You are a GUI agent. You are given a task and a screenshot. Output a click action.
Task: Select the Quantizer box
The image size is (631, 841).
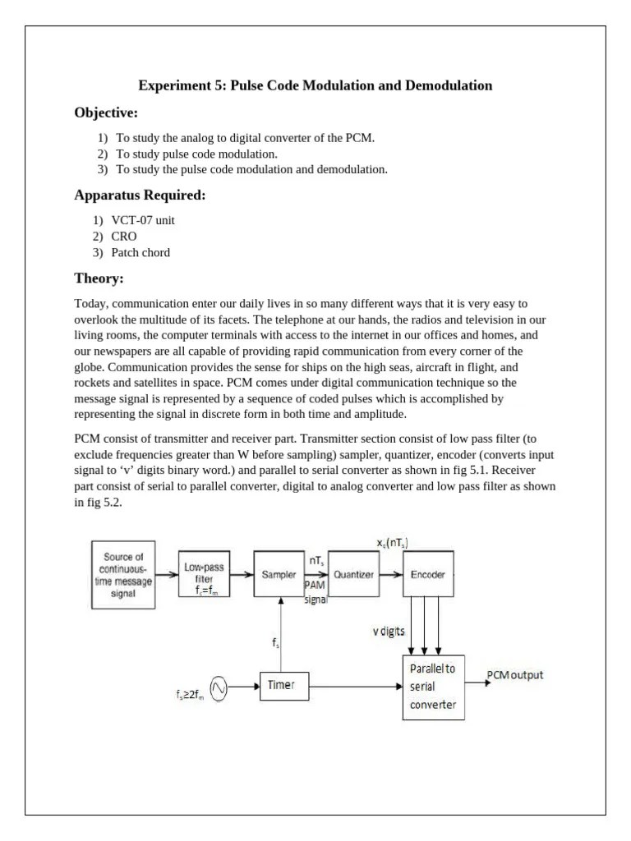click(x=353, y=575)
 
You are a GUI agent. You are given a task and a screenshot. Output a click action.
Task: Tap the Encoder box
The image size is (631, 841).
click(x=428, y=575)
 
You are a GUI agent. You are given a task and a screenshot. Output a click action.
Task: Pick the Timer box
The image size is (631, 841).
click(x=281, y=685)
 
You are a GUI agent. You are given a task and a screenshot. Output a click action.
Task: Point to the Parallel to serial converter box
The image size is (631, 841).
click(x=433, y=687)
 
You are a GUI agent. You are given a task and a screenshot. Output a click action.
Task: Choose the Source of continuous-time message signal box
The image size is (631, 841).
click(x=123, y=575)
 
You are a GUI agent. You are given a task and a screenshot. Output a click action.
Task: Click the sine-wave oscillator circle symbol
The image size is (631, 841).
click(x=219, y=687)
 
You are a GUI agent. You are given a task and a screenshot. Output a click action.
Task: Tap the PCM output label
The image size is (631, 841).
click(x=515, y=675)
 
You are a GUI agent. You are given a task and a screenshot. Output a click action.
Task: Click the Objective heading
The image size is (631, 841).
click(x=106, y=113)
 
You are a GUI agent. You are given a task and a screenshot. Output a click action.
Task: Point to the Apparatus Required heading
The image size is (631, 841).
click(x=140, y=195)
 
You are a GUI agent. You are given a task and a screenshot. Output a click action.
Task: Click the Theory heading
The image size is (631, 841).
click(x=99, y=278)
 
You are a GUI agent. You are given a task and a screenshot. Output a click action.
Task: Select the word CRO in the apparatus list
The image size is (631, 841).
click(x=124, y=236)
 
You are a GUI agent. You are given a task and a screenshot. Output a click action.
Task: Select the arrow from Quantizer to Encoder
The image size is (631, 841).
click(x=392, y=575)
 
